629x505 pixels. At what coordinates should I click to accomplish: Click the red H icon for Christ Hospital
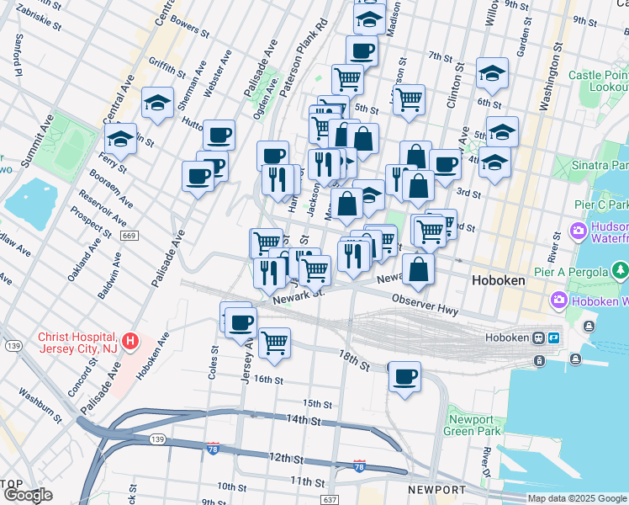[130, 342]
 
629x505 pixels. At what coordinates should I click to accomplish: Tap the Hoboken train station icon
[539, 338]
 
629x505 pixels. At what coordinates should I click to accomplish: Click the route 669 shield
[129, 236]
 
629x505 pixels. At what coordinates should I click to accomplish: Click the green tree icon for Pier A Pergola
[621, 270]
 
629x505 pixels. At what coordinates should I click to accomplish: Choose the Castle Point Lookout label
[598, 81]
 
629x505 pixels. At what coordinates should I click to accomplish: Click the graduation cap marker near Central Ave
[157, 103]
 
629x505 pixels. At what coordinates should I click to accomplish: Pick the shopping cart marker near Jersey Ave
[274, 343]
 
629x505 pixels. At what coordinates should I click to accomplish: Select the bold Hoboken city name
[498, 279]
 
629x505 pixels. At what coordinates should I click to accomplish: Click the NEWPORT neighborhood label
[436, 490]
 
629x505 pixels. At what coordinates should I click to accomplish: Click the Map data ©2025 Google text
[577, 498]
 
